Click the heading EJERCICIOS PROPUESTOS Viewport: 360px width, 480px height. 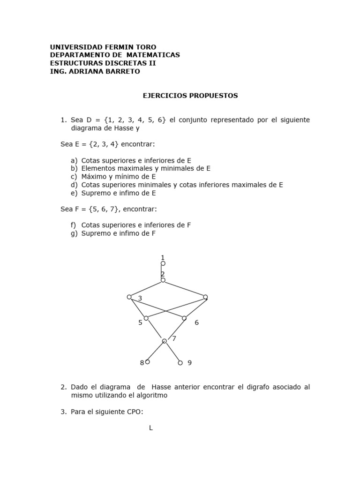[190, 96]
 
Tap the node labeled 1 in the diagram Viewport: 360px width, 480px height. [163, 263]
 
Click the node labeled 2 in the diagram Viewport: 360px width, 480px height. [163, 280]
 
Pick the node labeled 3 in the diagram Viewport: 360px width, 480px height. [129, 297]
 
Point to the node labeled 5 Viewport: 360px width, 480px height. [146, 318]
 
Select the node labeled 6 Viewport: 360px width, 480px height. [184, 318]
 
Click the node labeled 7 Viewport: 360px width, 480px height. [165, 341]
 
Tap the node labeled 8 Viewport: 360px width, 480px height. [148, 362]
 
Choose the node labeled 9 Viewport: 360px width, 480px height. [180, 363]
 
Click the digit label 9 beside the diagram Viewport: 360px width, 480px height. [189, 363]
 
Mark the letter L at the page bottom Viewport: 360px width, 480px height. [151, 428]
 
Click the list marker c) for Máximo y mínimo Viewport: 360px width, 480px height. [74, 177]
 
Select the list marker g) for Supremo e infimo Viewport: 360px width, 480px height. [74, 233]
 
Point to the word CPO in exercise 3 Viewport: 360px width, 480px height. [131, 412]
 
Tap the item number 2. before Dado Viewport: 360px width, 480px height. [64, 387]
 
